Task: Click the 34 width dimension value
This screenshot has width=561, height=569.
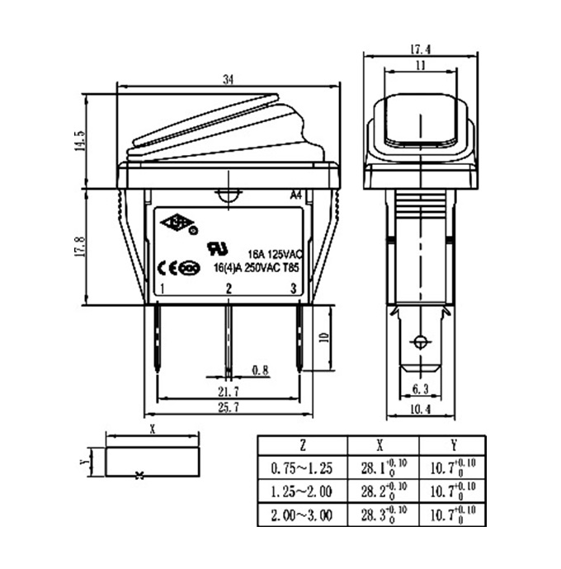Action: click(229, 78)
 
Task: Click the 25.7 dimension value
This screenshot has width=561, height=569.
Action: click(228, 407)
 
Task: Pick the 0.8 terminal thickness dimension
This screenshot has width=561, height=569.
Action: click(261, 369)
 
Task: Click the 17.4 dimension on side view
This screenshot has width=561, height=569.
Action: click(421, 49)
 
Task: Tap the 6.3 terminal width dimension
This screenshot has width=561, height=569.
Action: click(421, 388)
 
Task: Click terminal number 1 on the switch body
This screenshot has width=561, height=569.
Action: click(165, 289)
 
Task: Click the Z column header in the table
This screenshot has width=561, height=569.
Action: click(303, 445)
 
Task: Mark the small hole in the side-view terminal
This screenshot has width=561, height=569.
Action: click(422, 342)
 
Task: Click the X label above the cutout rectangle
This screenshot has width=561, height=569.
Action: click(153, 430)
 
